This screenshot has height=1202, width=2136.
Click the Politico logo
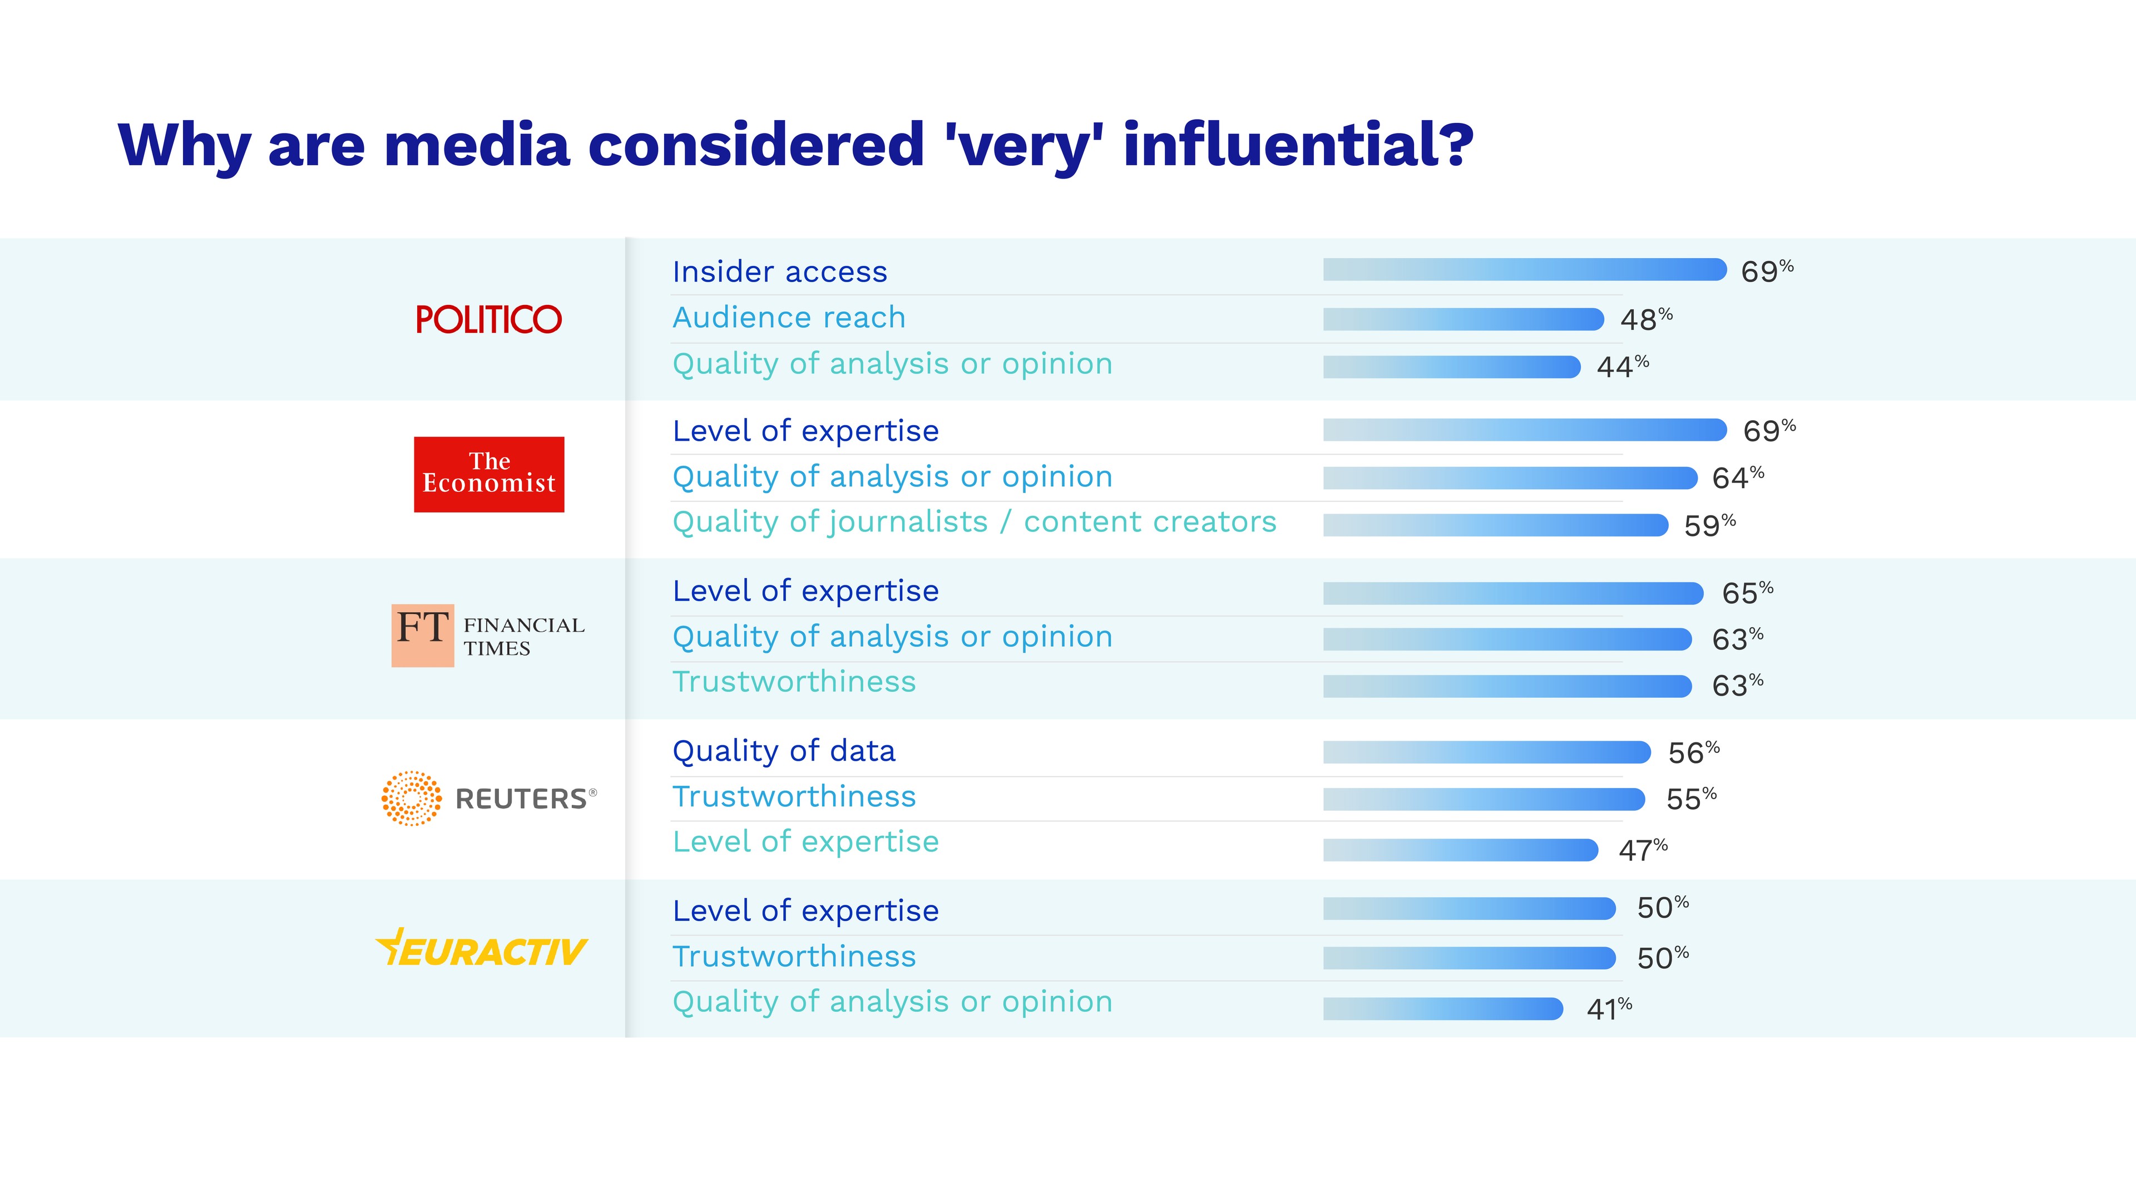click(x=488, y=319)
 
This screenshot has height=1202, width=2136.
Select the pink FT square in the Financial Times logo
click(x=422, y=634)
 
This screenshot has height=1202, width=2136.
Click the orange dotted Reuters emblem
click(x=411, y=798)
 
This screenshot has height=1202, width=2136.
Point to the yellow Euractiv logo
click(x=482, y=949)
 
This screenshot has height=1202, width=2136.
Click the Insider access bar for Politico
click(x=1524, y=269)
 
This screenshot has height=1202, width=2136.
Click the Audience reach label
click(x=789, y=318)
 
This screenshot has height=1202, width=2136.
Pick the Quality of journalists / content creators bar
click(x=1495, y=525)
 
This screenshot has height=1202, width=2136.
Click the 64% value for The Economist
click(x=1737, y=478)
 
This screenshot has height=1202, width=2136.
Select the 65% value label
click(x=1747, y=592)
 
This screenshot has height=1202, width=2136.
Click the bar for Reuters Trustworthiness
click(x=1484, y=799)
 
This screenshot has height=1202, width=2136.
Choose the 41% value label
click(x=1609, y=1009)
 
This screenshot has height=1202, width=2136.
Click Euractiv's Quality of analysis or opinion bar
click(x=1443, y=1009)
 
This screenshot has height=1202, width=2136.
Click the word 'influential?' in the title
click(x=1298, y=145)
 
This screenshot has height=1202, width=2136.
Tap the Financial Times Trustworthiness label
click(x=794, y=682)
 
